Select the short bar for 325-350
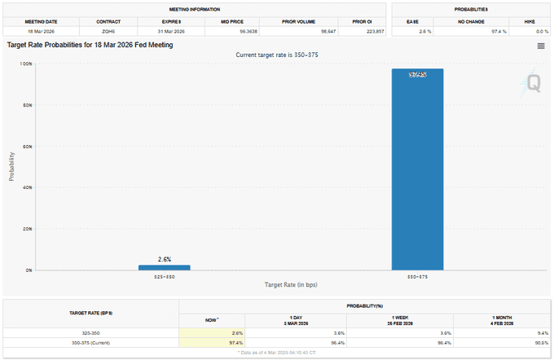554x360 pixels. (164, 267)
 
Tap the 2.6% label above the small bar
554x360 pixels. (164, 259)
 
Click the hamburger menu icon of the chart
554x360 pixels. (540, 46)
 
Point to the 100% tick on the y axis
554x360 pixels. (27, 64)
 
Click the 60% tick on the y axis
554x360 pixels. (28, 147)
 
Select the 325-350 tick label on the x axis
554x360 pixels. (164, 277)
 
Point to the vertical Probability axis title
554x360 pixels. (12, 165)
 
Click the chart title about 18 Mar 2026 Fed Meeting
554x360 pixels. (90, 45)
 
